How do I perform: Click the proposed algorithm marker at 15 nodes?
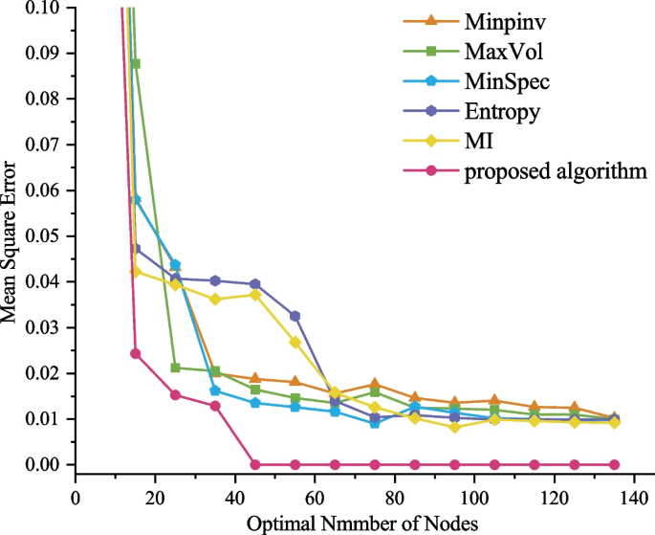pos(135,353)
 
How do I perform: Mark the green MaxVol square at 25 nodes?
pos(175,368)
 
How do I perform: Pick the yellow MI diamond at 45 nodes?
pos(255,295)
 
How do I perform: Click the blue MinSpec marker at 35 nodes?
pos(215,390)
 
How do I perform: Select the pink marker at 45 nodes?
pos(255,464)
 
